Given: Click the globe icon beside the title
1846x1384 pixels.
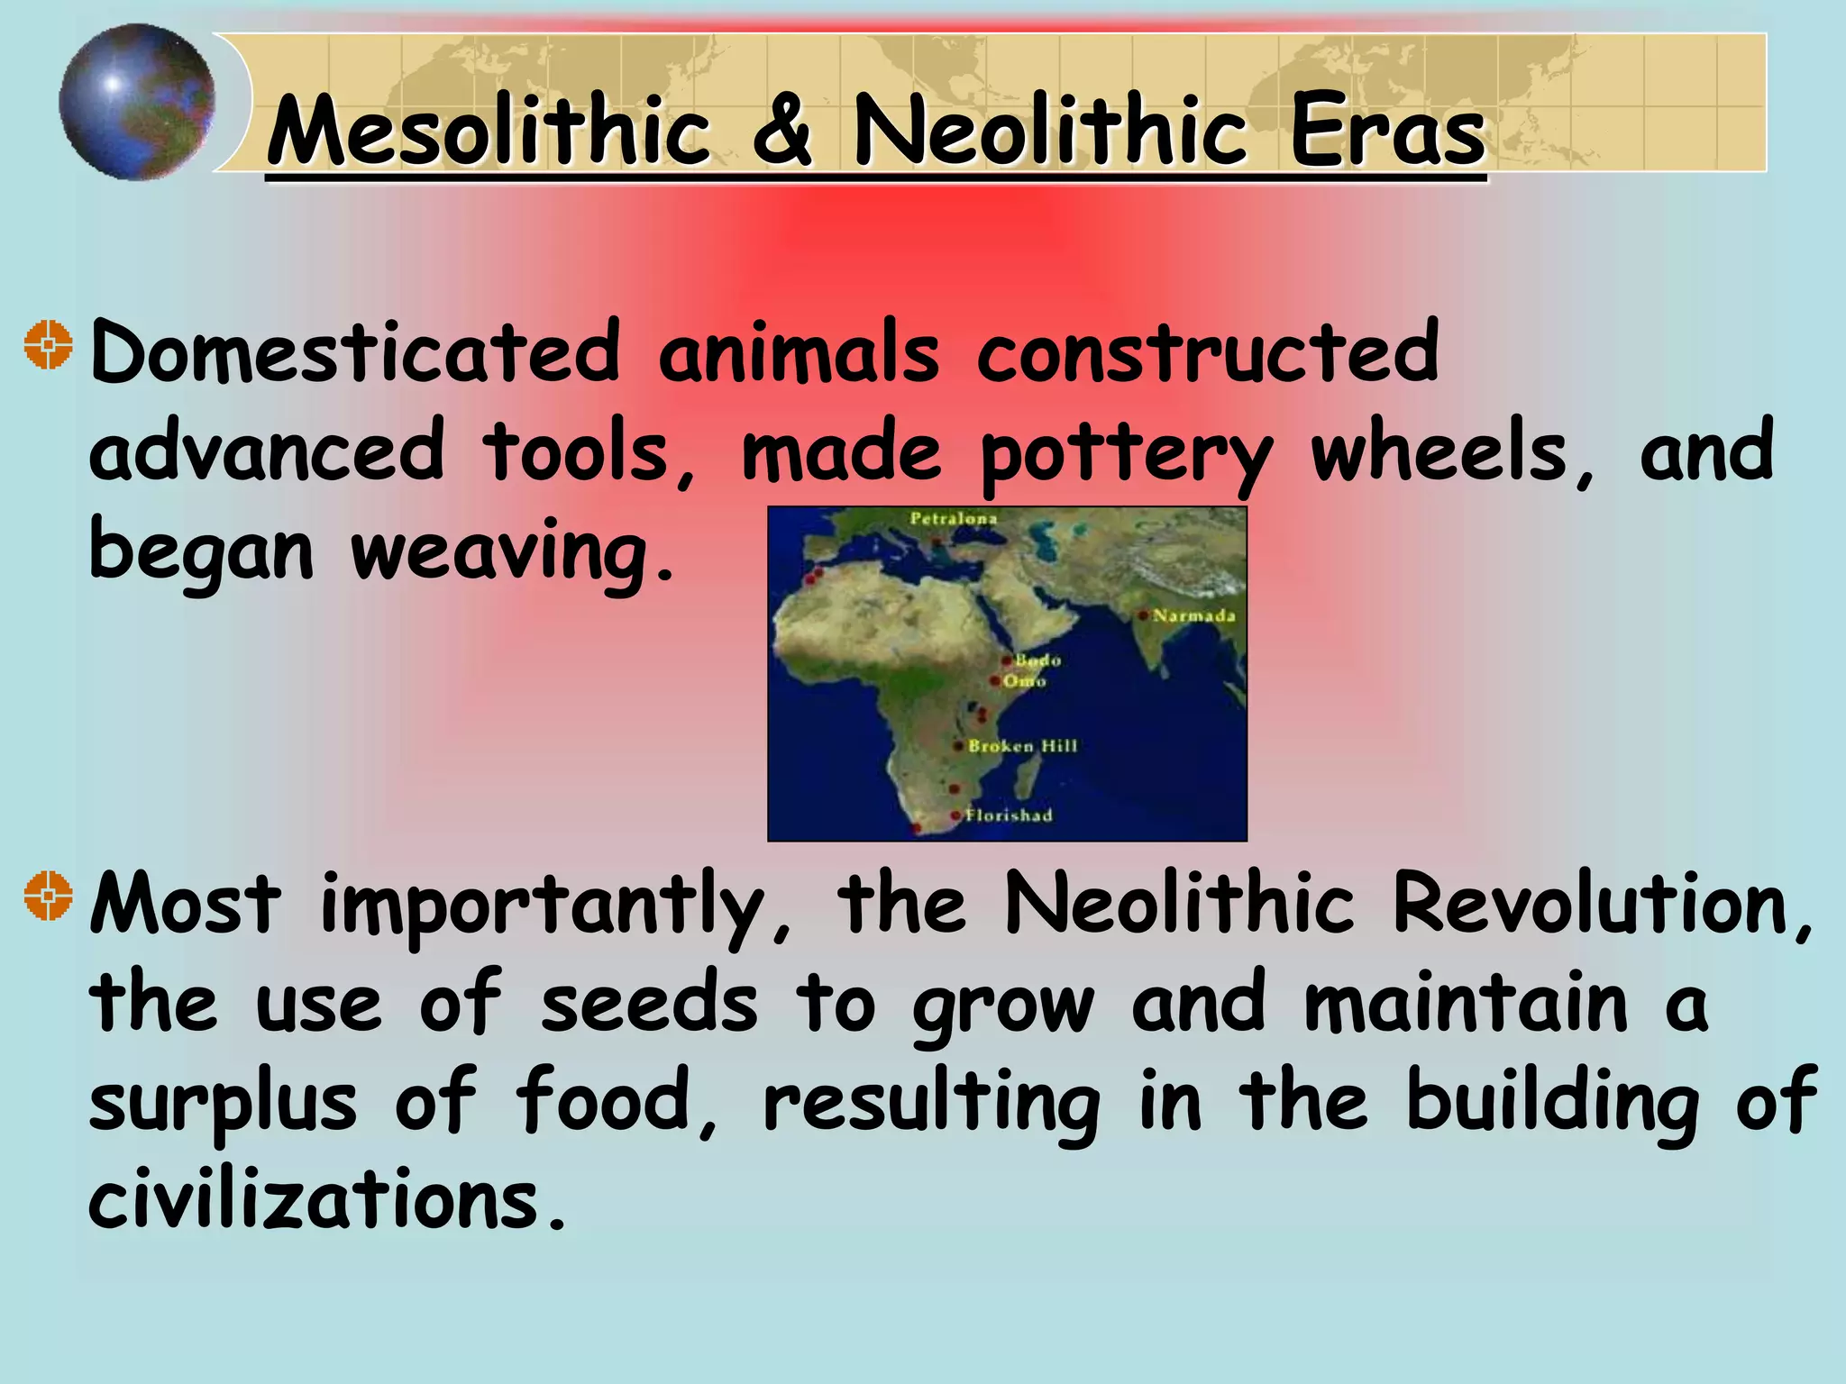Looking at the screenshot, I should tap(137, 102).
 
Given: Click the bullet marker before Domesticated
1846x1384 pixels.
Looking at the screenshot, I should tap(48, 345).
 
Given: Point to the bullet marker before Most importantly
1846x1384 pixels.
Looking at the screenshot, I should tap(48, 897).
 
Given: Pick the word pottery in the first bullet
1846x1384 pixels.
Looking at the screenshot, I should tap(1127, 453).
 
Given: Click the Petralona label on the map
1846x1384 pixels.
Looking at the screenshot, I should tap(953, 519).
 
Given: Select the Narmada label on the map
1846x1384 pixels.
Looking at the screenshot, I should tap(1193, 616).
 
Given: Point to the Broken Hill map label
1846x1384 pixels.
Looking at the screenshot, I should tap(1022, 746).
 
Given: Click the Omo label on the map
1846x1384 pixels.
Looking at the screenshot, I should tap(1024, 681).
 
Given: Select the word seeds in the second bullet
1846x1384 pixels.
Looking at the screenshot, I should tap(649, 1005).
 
